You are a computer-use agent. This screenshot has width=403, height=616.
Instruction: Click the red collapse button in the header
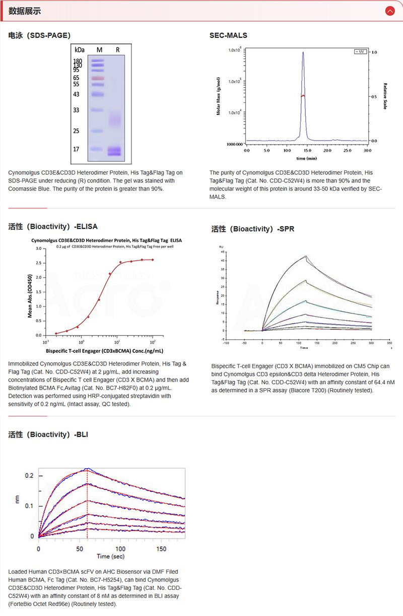click(x=389, y=11)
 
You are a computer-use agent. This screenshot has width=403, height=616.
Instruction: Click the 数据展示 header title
click(x=25, y=11)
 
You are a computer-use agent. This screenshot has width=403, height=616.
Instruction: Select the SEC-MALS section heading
click(x=228, y=35)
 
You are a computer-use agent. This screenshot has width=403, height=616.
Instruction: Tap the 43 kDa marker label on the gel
click(x=77, y=94)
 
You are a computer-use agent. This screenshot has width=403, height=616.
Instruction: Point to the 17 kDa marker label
click(x=77, y=149)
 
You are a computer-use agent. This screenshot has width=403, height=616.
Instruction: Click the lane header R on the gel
click(x=117, y=50)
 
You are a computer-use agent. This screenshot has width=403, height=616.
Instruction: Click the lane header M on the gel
click(x=99, y=50)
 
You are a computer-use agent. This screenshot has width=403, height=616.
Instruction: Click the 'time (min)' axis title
click(x=306, y=158)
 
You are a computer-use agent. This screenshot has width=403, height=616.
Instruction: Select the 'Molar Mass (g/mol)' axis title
click(x=219, y=96)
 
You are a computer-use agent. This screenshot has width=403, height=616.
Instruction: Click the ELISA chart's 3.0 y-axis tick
click(x=39, y=249)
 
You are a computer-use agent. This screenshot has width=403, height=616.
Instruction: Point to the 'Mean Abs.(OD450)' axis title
click(x=30, y=292)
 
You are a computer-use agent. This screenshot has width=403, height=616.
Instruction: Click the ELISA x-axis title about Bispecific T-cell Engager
click(x=104, y=351)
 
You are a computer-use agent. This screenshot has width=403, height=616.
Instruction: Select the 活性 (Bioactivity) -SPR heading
click(x=253, y=229)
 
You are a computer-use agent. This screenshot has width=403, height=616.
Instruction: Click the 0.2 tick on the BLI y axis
click(x=30, y=475)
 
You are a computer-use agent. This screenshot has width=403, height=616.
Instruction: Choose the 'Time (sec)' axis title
click(x=111, y=557)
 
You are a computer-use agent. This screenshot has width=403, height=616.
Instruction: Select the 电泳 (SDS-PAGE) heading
click(x=39, y=35)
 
